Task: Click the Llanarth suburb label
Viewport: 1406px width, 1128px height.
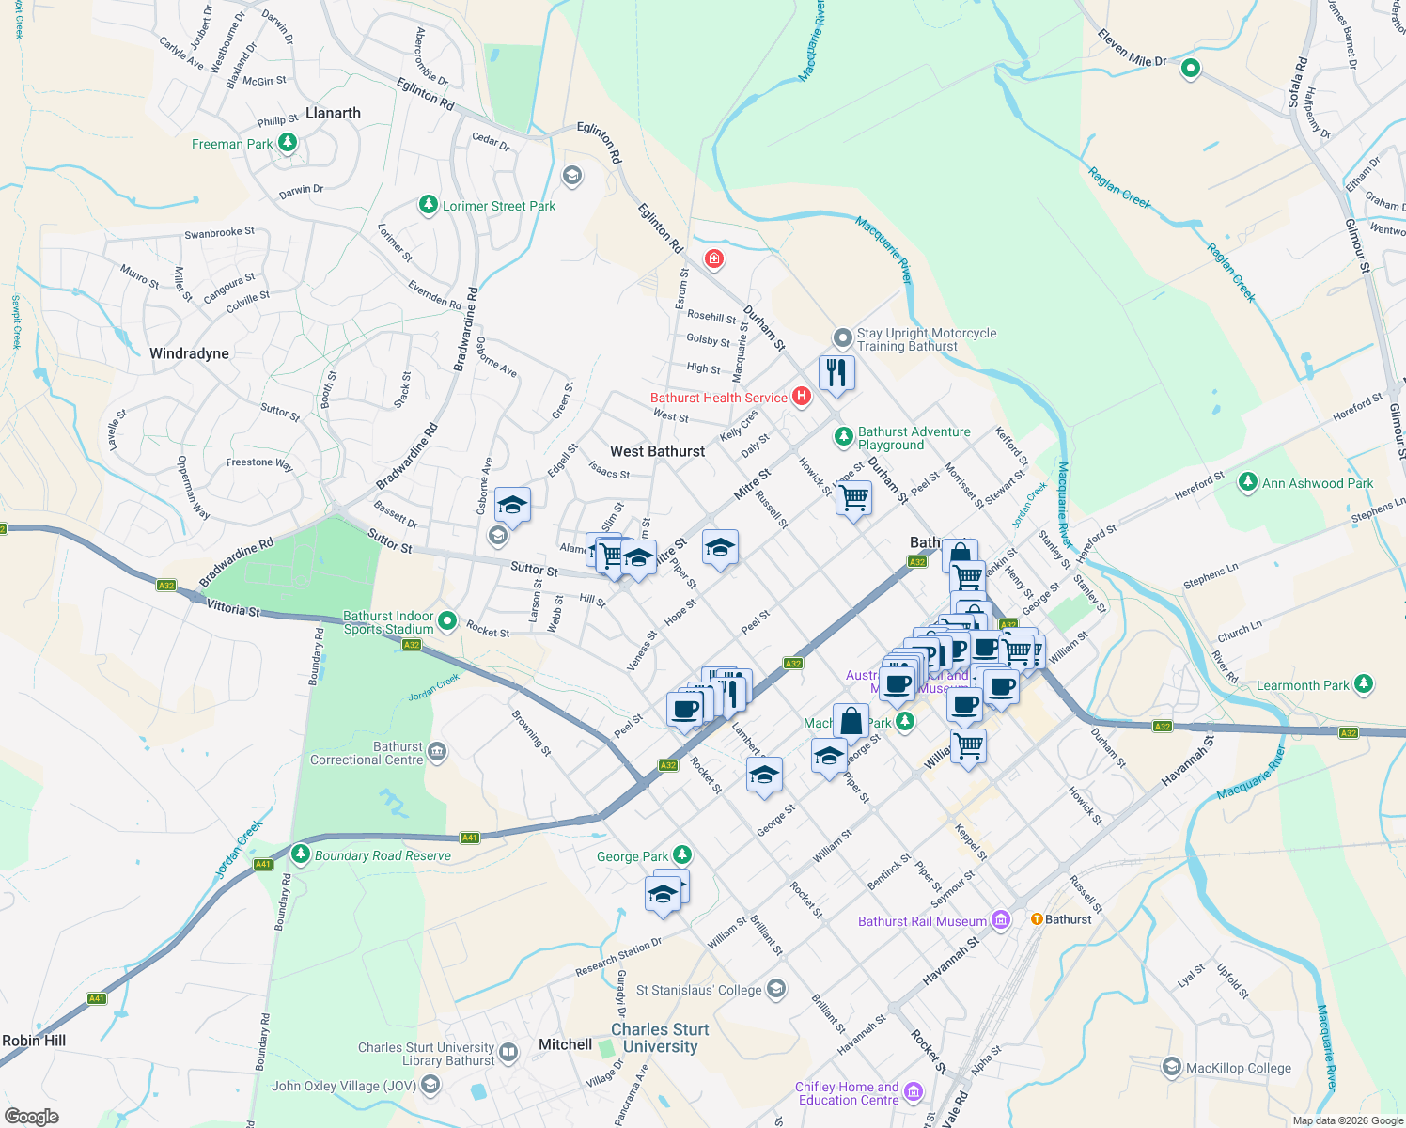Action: (333, 113)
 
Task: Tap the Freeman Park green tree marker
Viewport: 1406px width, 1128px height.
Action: (288, 143)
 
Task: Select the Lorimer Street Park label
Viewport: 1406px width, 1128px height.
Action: (499, 206)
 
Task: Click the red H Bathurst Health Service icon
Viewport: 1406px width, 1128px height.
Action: (802, 397)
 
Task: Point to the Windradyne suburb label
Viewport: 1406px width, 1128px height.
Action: (189, 353)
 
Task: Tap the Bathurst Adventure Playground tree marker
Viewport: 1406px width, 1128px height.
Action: (843, 436)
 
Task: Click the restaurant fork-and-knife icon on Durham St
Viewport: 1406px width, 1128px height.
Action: (836, 372)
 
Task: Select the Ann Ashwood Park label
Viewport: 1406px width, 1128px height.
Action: (1318, 483)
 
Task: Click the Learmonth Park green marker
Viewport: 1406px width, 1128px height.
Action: (1365, 684)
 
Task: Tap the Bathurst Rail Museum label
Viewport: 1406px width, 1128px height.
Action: (922, 921)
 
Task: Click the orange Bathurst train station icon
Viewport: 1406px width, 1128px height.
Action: (1037, 918)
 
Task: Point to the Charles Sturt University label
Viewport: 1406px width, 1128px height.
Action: (660, 1038)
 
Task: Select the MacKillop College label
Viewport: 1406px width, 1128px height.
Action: (1238, 1068)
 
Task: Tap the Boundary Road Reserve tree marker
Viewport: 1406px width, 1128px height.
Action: (300, 854)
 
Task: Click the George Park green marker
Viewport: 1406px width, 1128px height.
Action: (682, 854)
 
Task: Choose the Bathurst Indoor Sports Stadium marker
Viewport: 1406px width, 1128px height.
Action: (447, 620)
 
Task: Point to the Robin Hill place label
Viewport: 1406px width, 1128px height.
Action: (34, 1041)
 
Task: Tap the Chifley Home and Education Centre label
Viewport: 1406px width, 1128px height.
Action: (849, 1093)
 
